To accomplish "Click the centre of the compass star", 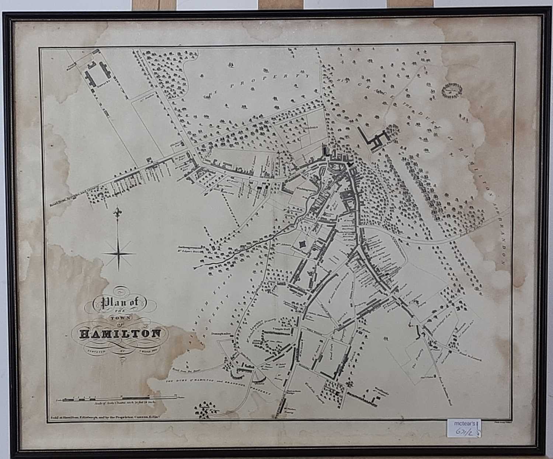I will [119, 253].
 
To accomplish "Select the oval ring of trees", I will [451, 90].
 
